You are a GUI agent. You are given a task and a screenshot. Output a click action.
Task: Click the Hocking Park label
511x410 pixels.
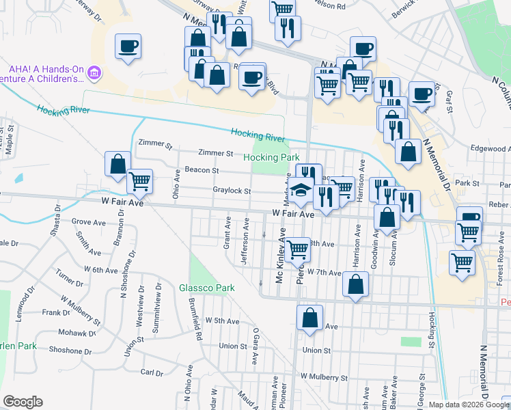pyautogui.click(x=271, y=157)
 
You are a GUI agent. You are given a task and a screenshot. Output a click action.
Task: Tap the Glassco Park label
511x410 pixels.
pyautogui.click(x=207, y=288)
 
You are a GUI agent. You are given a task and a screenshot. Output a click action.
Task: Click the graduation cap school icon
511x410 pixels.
pyautogui.click(x=299, y=192)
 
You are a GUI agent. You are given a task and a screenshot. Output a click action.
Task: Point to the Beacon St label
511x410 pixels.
pyautogui.click(x=201, y=170)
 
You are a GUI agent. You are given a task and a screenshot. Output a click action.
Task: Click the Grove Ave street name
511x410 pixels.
pyautogui.click(x=91, y=222)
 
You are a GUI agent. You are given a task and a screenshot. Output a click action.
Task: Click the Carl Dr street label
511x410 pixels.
pyautogui.click(x=151, y=372)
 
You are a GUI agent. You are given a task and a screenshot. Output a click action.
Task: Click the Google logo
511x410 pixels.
pyautogui.click(x=23, y=402)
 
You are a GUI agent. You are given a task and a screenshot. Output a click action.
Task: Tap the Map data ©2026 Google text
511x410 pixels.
pyautogui.click(x=469, y=405)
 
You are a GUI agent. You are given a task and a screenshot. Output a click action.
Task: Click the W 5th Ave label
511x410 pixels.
pyautogui.click(x=222, y=320)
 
